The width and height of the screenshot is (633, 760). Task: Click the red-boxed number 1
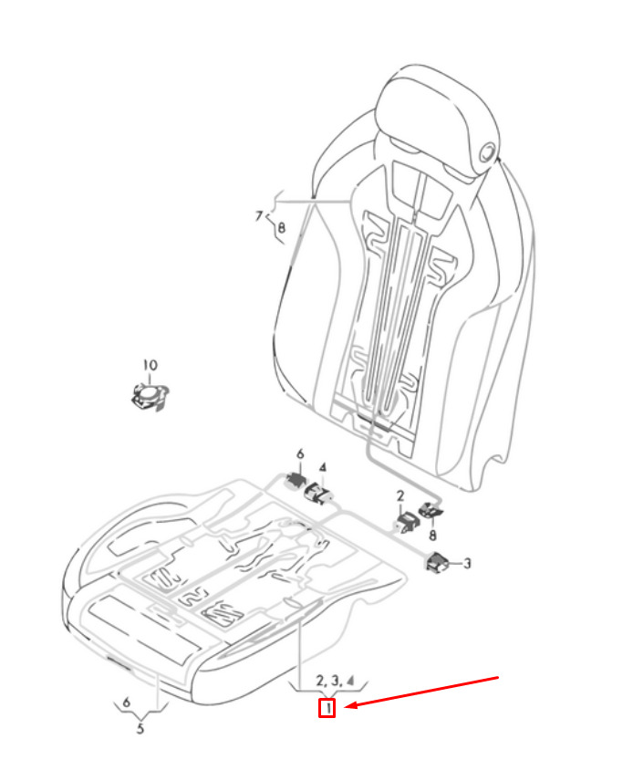coord(327,708)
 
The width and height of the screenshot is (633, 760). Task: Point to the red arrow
coord(422,692)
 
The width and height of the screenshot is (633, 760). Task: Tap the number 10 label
coord(150,365)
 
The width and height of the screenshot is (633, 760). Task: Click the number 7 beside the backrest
coord(259,215)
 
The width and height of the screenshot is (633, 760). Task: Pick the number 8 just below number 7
coord(281,227)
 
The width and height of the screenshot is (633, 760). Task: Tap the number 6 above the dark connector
coord(300,454)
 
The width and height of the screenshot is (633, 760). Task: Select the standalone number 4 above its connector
coord(323,468)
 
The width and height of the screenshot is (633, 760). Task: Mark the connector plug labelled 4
coord(318,495)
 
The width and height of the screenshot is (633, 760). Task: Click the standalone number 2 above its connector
coord(400,495)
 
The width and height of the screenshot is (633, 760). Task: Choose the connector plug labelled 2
coord(407,523)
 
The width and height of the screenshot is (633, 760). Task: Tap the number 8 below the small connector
coord(432,535)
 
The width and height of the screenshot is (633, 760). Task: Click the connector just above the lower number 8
coord(430,510)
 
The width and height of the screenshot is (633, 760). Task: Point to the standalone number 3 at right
coord(467,563)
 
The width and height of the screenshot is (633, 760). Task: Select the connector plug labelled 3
coord(439,562)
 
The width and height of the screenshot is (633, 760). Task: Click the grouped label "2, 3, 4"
coord(336,681)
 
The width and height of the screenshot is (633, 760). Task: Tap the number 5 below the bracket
coord(140,728)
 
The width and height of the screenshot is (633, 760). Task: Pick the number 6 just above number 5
coord(127,702)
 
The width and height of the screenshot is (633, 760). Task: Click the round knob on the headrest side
coord(489,153)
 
